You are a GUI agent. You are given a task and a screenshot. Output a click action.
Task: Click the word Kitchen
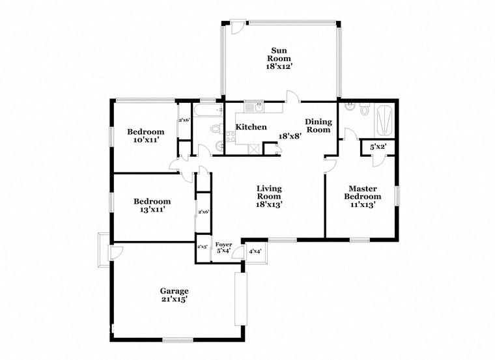[x=251, y=127]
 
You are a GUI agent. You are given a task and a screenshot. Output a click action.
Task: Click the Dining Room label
[x=318, y=126]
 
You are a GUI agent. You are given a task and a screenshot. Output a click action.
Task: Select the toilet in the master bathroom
[x=364, y=110]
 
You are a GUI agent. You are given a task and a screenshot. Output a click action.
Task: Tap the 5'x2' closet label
[x=378, y=147]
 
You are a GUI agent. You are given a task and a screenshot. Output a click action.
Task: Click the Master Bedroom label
[x=362, y=193]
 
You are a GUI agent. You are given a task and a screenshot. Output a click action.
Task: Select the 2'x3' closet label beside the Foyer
[x=203, y=247]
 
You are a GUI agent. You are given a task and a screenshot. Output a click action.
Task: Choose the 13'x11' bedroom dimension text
[x=152, y=210]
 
